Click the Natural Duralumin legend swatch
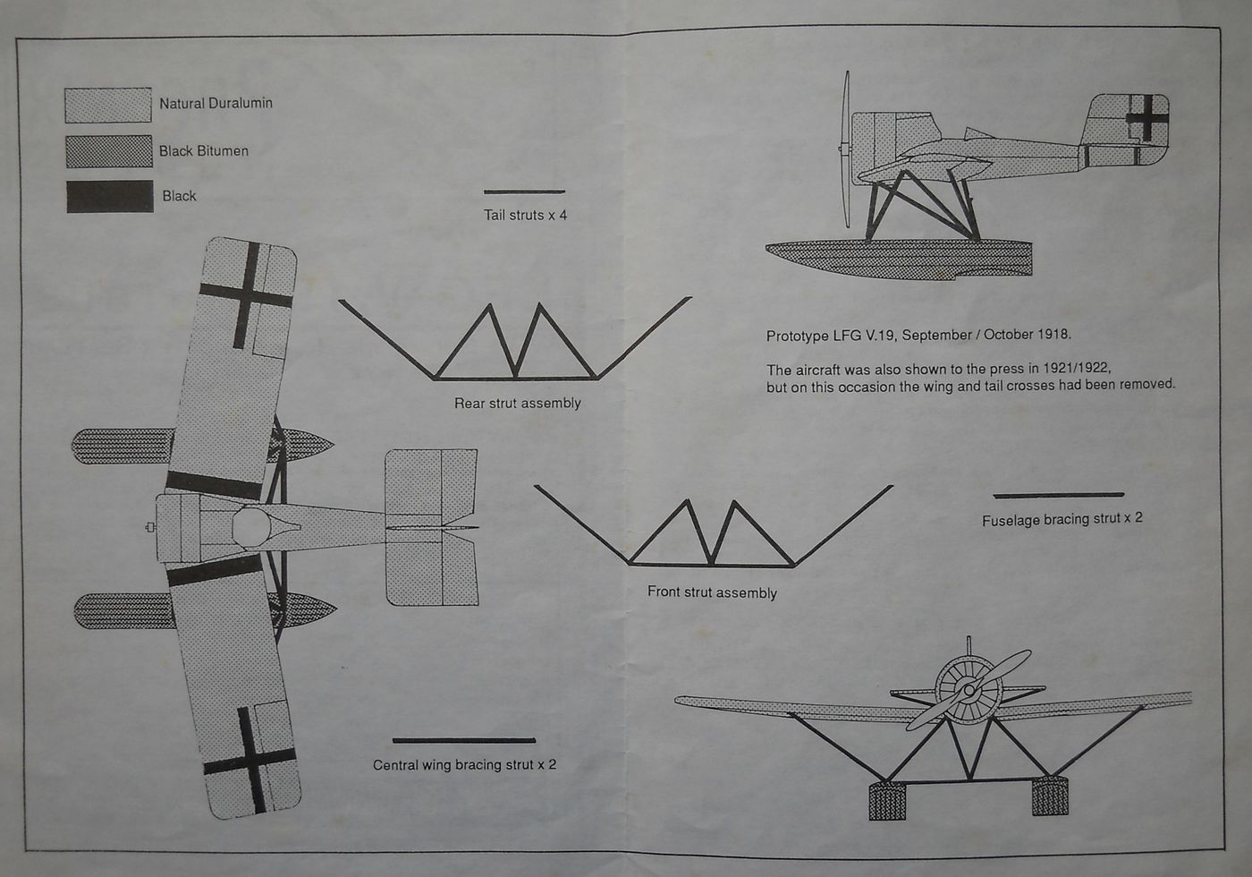pyautogui.click(x=108, y=105)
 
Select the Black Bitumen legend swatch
pyautogui.click(x=109, y=151)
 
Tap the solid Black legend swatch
pyautogui.click(x=110, y=197)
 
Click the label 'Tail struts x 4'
pyautogui.click(x=525, y=215)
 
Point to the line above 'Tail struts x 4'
pyautogui.click(x=524, y=192)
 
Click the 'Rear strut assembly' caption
pyautogui.click(x=517, y=404)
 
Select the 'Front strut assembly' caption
pyautogui.click(x=712, y=592)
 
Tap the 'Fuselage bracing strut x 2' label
pyautogui.click(x=1062, y=519)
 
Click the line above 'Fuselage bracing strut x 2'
pyautogui.click(x=1058, y=494)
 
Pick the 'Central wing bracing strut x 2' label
pyautogui.click(x=464, y=765)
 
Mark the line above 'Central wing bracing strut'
pyautogui.click(x=463, y=740)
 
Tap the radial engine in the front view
pyautogui.click(x=968, y=689)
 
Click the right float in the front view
pyautogui.click(x=1049, y=796)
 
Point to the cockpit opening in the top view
pyautogui.click(x=251, y=527)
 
